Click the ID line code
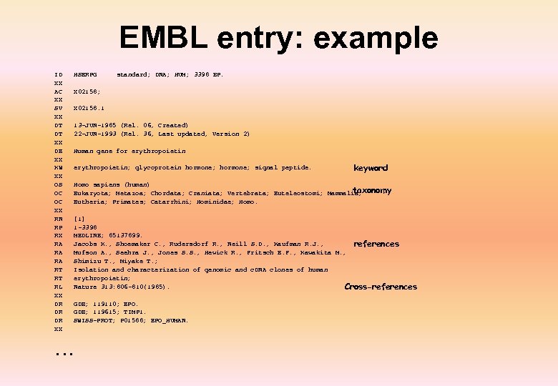tap(58, 74)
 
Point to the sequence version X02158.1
tap(89, 108)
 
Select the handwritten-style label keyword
tap(371, 168)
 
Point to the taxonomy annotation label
tap(372, 191)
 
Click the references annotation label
tap(376, 244)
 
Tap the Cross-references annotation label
tap(381, 287)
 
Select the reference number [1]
tap(79, 219)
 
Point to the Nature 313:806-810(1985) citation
tap(122, 287)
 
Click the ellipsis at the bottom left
tap(64, 351)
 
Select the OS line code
tap(58, 184)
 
